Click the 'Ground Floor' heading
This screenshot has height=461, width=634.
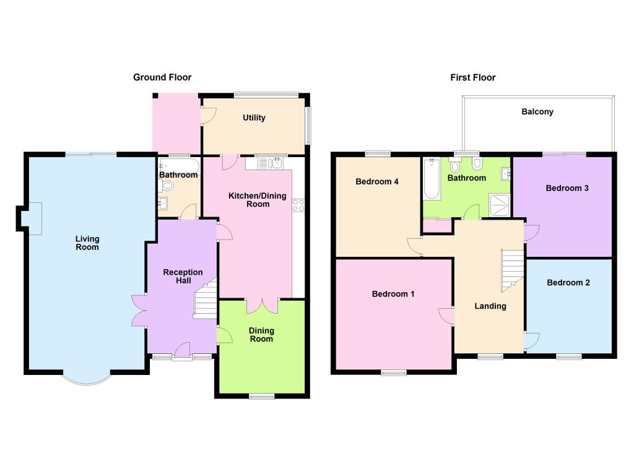click(162, 77)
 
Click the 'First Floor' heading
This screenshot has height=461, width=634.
click(472, 77)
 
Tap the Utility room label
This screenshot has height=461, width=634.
click(254, 118)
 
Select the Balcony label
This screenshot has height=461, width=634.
click(537, 112)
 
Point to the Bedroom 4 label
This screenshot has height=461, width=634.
click(377, 181)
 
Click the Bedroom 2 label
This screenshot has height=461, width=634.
click(568, 282)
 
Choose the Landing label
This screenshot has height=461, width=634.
click(490, 306)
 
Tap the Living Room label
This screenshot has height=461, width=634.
click(87, 243)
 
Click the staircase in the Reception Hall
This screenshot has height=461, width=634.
click(206, 298)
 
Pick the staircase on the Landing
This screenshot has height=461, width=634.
click(512, 270)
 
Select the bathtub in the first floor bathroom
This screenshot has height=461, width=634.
click(432, 179)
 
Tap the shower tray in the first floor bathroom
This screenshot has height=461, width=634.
click(500, 205)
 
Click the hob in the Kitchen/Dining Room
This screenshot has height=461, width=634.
click(298, 205)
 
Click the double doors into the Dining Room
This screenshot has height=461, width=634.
click(262, 306)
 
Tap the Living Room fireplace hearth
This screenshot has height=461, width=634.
click(35, 218)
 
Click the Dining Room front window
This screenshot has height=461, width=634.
click(262, 396)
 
